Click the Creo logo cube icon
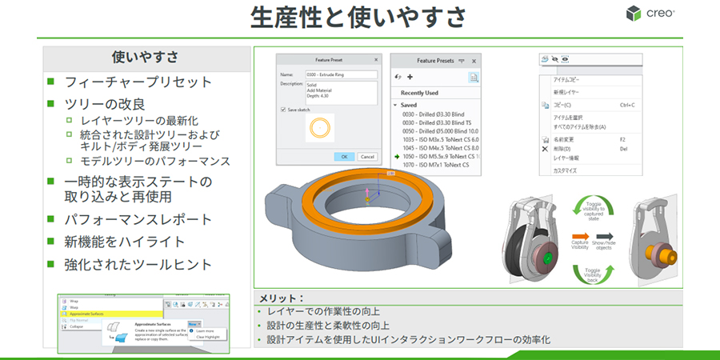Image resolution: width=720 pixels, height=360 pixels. (634, 14)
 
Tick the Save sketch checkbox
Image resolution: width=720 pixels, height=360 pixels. (283, 109)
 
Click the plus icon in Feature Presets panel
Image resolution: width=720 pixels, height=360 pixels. (410, 77)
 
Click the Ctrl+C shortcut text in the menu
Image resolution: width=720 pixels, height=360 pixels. (627, 105)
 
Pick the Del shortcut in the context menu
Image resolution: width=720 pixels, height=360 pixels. (624, 148)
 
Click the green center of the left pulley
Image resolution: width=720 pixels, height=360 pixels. (545, 258)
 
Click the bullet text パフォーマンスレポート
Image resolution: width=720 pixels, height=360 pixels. (138, 219)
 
